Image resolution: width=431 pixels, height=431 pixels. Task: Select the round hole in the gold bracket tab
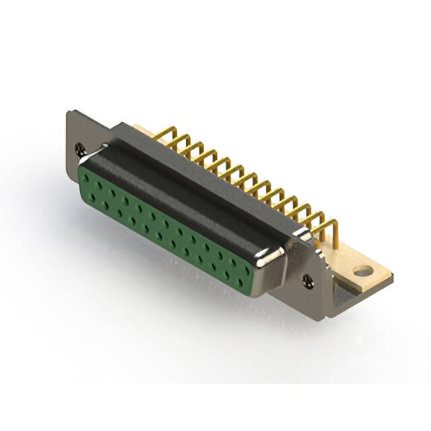pos(363,271)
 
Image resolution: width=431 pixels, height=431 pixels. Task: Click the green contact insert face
pos(168,229)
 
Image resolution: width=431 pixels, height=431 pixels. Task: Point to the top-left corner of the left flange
pos(69,112)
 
